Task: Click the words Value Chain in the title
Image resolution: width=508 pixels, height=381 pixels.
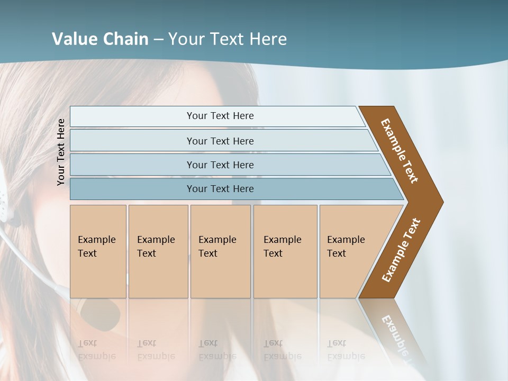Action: [x=100, y=39]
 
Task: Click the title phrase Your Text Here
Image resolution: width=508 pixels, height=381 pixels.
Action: [x=228, y=39]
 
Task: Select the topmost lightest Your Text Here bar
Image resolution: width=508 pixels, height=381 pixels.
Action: [x=220, y=116]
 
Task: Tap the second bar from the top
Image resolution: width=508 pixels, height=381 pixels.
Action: [x=220, y=141]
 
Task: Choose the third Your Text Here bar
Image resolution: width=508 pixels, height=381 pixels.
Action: [x=220, y=165]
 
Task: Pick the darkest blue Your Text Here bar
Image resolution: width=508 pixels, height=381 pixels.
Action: [x=220, y=189]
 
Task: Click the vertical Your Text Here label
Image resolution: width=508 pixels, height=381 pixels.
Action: [x=61, y=152]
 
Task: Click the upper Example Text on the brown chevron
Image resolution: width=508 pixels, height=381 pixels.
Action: [x=400, y=151]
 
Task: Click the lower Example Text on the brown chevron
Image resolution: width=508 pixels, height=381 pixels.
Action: [x=401, y=250]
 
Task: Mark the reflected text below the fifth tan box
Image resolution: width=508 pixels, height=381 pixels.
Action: [x=345, y=350]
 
